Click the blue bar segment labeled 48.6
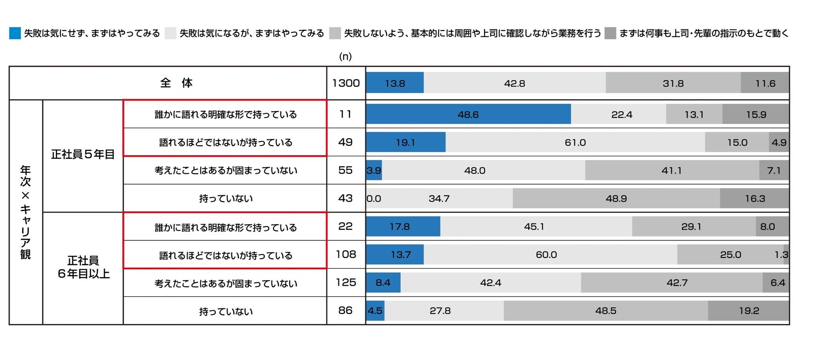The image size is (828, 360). click(468, 114)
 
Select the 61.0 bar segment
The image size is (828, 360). click(575, 142)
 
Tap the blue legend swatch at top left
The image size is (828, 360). click(15, 33)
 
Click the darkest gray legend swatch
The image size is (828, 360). click(610, 33)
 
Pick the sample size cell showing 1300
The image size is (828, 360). click(346, 83)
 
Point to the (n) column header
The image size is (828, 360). click(345, 56)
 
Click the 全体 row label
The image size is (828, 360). click(176, 83)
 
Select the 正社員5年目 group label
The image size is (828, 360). click(83, 155)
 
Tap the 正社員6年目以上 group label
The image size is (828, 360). click(83, 267)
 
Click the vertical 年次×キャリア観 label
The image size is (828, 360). click(25, 212)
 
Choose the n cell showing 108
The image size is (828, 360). click(346, 255)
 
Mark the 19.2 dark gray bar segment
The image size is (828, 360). click(749, 311)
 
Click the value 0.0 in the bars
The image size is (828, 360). click(374, 199)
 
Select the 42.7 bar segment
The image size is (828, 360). click(677, 283)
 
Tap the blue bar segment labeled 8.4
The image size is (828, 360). click(383, 283)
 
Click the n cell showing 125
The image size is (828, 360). click(346, 283)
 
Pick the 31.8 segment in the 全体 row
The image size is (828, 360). click(673, 83)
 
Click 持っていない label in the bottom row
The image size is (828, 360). click(225, 311)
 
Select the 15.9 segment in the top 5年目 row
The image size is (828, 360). click(756, 115)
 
